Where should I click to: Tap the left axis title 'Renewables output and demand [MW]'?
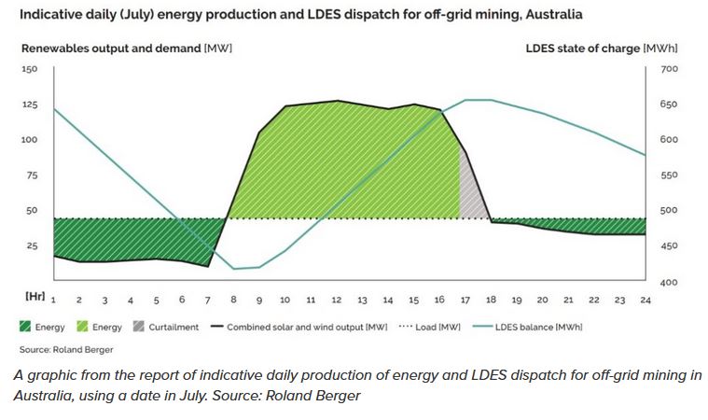point(125,48)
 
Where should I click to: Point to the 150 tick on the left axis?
point(30,69)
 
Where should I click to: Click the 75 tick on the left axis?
point(30,175)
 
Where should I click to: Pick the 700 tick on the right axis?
point(670,69)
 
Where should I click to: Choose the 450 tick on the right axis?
point(670,246)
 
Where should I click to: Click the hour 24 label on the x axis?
point(645,300)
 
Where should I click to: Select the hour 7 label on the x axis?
point(207,300)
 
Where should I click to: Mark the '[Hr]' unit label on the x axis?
point(33,295)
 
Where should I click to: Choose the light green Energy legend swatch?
point(81,328)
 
